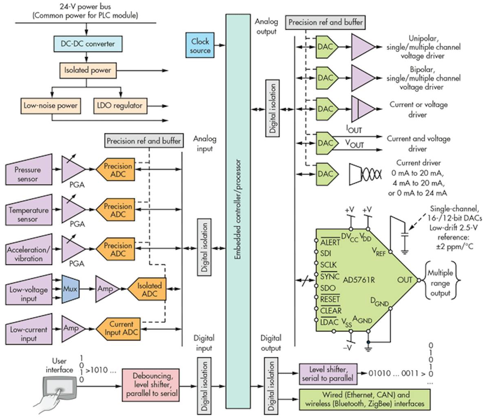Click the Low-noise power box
pyautogui.click(x=51, y=106)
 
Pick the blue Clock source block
pyautogui.click(x=200, y=46)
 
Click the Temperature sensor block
pyautogui.click(x=29, y=214)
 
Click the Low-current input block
pyautogui.click(x=29, y=334)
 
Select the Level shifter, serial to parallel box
pyautogui.click(x=328, y=374)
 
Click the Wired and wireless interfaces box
pyautogui.click(x=365, y=399)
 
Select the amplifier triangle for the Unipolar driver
pyautogui.click(x=362, y=47)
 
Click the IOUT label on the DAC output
pyautogui.click(x=354, y=130)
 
